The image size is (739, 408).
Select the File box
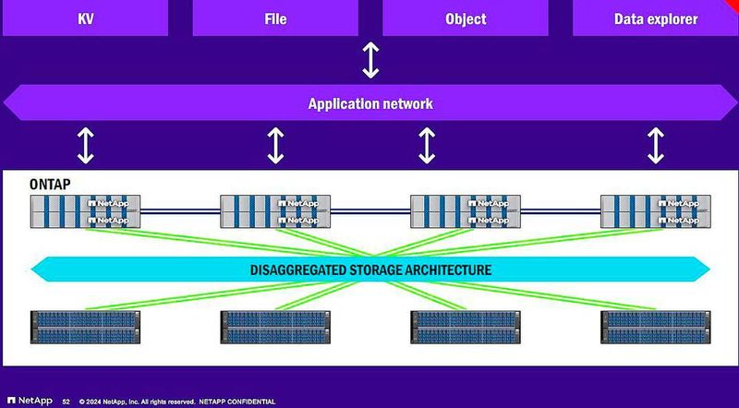[274, 18]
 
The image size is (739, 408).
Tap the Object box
[465, 18]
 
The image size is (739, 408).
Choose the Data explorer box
[655, 18]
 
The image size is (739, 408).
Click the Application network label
[369, 103]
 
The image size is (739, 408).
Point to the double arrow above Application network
[370, 60]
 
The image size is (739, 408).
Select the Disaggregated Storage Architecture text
[369, 270]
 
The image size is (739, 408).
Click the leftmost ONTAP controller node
[85, 211]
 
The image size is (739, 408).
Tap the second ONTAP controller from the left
[275, 211]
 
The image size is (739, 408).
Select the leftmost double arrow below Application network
[85, 145]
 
